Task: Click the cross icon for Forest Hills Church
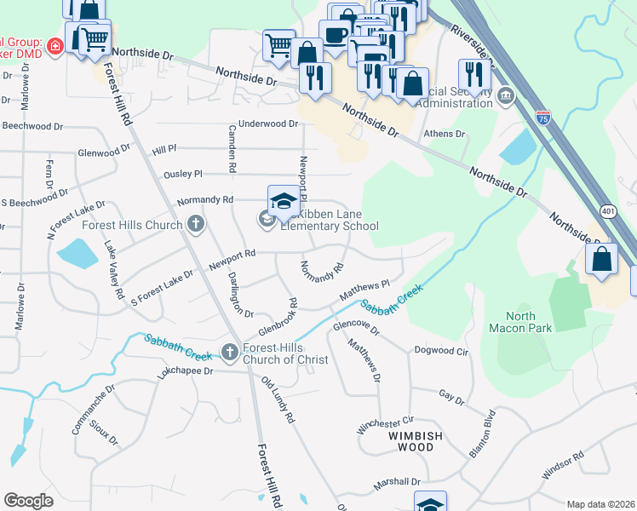point(196,225)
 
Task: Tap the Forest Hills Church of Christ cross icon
point(229,352)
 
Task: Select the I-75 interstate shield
point(543,117)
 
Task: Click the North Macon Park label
point(519,323)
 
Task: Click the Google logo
point(29,501)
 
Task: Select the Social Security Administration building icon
point(507,94)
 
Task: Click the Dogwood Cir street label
point(440,350)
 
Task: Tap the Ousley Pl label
point(183,174)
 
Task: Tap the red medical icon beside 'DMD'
point(55,46)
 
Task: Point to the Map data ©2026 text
point(600,504)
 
